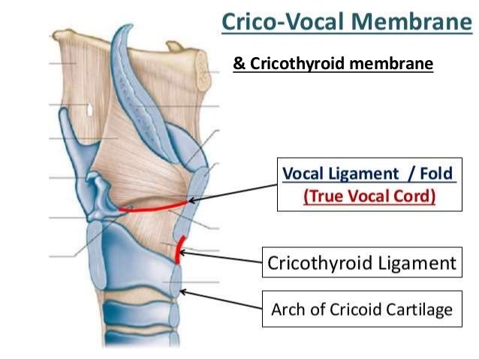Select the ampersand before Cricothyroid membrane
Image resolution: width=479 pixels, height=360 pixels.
[x=238, y=65]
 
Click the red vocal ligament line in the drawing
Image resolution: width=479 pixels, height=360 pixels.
[x=154, y=207]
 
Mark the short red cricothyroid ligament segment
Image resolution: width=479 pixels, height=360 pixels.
[x=178, y=250]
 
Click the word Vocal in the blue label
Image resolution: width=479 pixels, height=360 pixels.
[x=304, y=174]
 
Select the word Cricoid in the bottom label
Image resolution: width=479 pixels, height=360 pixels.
[x=353, y=310]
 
